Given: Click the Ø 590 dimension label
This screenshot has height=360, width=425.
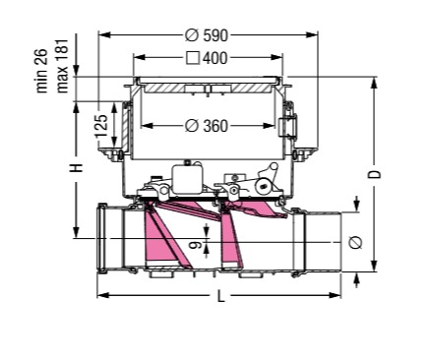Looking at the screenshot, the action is [x=207, y=35].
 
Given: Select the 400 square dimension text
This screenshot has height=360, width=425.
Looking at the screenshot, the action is [x=207, y=58].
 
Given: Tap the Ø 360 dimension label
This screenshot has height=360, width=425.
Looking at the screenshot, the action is [x=207, y=126].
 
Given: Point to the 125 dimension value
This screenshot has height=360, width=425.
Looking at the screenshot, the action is [x=101, y=126].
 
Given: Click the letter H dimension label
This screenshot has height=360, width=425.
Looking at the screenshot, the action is [x=76, y=168].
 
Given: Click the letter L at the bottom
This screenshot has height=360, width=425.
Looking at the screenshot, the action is [x=221, y=296].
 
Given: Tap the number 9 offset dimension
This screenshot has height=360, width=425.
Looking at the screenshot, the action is [x=197, y=244].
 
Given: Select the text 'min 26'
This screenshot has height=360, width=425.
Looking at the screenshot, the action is [x=41, y=71].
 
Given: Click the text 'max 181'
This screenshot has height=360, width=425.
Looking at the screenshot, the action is [x=62, y=66].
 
